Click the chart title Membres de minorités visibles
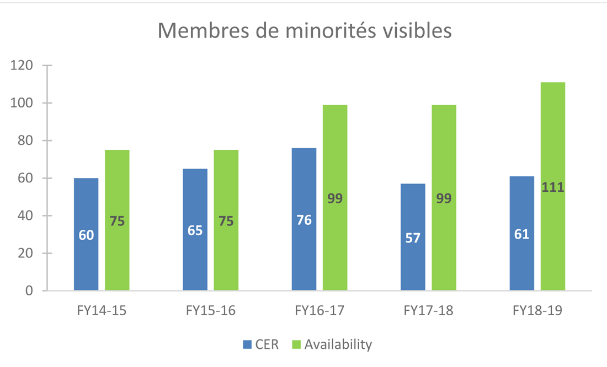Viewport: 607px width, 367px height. pos(305,30)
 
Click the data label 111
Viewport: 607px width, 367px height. pos(553,187)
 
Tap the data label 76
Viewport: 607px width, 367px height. pos(304,220)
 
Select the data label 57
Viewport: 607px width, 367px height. pos(413,238)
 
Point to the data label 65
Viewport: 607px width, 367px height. pos(195,230)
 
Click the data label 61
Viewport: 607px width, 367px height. pos(521,234)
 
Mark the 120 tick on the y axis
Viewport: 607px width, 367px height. pos(23,66)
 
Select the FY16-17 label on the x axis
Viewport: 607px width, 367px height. pos(320,311)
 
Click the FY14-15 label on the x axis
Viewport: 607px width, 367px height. pos(102,311)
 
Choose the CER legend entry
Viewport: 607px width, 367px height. pos(261,345)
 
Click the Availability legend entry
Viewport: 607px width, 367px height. pos(332,345)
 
